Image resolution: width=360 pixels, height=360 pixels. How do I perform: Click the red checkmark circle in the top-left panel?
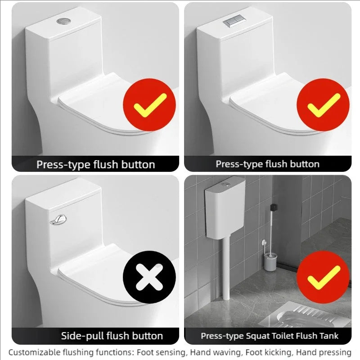(x=149, y=104)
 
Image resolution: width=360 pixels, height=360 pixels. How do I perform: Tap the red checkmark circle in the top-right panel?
(x=323, y=104)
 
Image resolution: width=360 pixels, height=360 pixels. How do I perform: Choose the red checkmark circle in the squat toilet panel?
(x=323, y=278)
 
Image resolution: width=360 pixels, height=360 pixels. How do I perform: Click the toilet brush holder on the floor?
(x=270, y=261)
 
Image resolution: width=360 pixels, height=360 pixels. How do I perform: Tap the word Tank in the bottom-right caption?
(x=330, y=336)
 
